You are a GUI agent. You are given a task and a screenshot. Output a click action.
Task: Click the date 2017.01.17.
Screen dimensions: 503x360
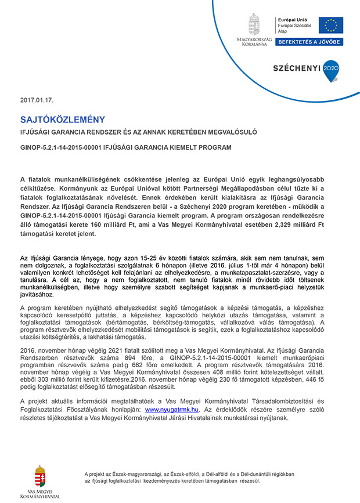(x=37, y=100)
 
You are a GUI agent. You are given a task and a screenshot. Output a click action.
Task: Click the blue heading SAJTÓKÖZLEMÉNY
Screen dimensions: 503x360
(x=63, y=120)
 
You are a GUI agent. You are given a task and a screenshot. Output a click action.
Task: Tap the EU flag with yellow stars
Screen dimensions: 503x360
(x=331, y=25)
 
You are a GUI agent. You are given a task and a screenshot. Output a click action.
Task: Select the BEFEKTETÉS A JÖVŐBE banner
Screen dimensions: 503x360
(x=309, y=42)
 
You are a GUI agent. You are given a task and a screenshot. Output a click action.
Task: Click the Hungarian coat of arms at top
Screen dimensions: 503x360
(x=254, y=24)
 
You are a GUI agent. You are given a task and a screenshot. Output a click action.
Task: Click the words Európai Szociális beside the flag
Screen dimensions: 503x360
(x=295, y=26)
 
